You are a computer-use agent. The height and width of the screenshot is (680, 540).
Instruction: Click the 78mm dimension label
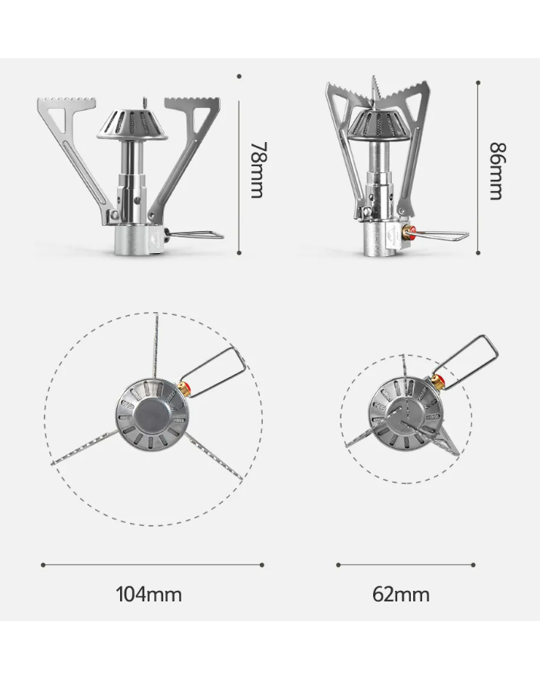(x=258, y=170)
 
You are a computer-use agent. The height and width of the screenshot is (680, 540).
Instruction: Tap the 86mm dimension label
(x=497, y=172)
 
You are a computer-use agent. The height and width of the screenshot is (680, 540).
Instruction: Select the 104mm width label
(x=149, y=594)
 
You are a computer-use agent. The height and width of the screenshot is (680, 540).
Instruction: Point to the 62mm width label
(x=401, y=594)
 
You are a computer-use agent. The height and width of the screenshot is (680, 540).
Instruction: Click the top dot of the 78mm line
(x=239, y=76)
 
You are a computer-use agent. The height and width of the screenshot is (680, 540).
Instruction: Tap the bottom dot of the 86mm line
(x=478, y=252)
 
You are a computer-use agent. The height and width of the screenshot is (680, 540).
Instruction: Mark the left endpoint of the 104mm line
(x=43, y=564)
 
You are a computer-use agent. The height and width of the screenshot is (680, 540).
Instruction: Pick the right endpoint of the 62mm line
(x=474, y=564)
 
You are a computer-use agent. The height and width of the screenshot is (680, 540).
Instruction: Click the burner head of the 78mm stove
(x=132, y=125)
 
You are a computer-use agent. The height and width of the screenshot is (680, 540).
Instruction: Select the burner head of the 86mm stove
(x=378, y=125)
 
